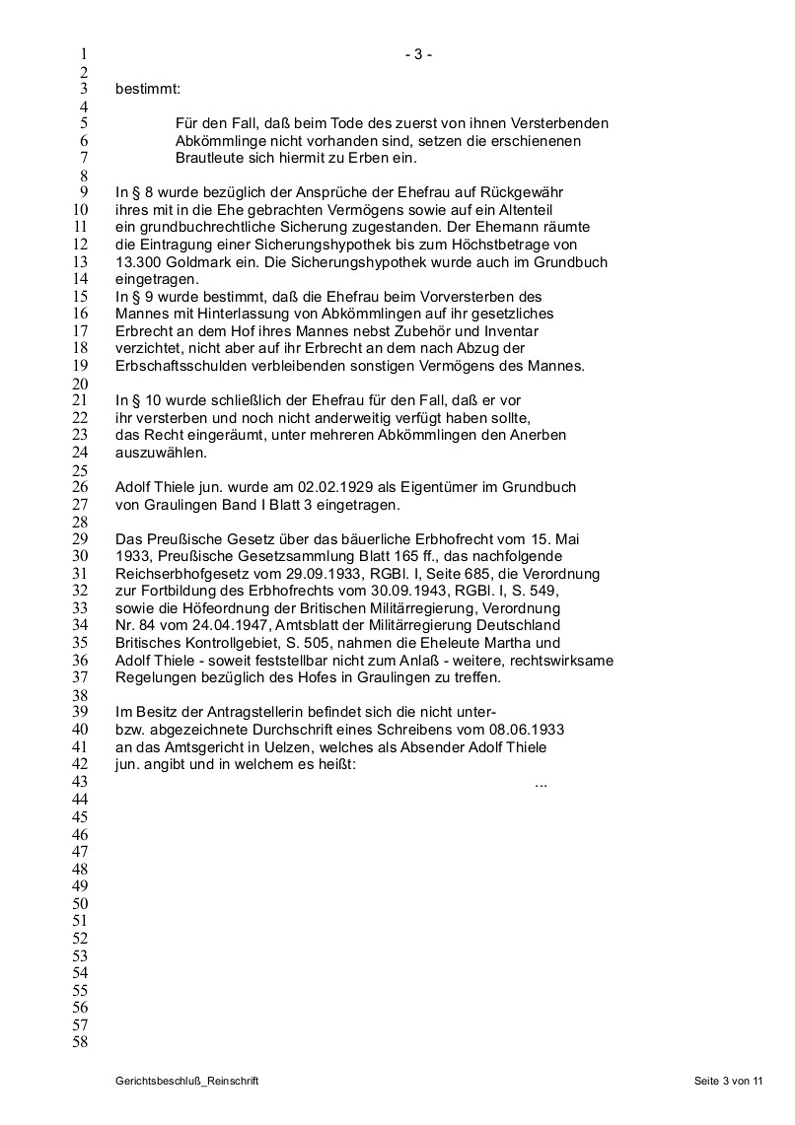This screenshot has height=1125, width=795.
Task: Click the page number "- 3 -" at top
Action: pyautogui.click(x=418, y=55)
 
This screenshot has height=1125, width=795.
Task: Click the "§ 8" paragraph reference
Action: pyautogui.click(x=138, y=192)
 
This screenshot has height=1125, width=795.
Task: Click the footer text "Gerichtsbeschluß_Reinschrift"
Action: pyautogui.click(x=186, y=1082)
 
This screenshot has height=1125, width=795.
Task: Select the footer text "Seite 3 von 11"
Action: pyautogui.click(x=728, y=1082)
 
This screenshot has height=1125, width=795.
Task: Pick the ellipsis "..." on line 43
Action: pyautogui.click(x=541, y=783)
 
